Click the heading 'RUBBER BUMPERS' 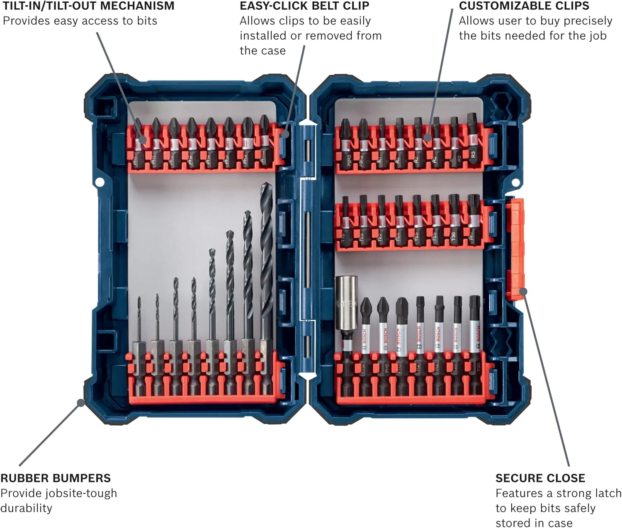click(x=56, y=478)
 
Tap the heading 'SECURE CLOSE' click(x=540, y=478)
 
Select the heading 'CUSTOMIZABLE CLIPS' click(x=524, y=6)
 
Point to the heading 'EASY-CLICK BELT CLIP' click(x=304, y=6)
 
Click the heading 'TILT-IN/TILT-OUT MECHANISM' click(x=88, y=6)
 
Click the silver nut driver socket click(x=346, y=307)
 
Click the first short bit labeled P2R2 click(x=345, y=143)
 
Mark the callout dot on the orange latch click(x=523, y=291)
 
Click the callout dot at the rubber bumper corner click(x=81, y=402)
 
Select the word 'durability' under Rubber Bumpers click(x=26, y=508)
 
